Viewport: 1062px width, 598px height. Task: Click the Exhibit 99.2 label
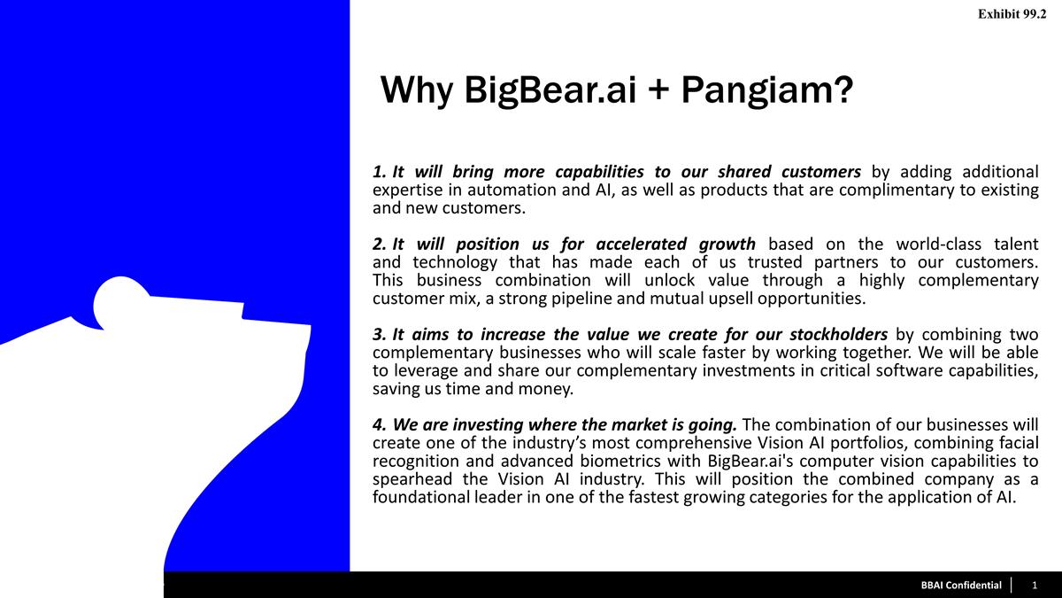pos(1012,14)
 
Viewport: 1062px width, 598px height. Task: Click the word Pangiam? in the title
pos(767,90)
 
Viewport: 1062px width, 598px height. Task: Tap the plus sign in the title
pos(658,90)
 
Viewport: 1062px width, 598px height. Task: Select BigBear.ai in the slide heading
pos(550,90)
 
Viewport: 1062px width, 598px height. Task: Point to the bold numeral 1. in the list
pos(380,172)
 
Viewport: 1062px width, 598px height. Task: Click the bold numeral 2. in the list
pos(380,245)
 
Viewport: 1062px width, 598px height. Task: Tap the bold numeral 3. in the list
pos(380,335)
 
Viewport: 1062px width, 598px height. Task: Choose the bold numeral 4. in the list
pos(380,424)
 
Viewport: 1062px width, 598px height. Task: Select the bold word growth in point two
pos(727,245)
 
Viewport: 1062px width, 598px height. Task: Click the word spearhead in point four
pos(412,479)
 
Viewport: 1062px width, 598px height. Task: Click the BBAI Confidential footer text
pos(961,586)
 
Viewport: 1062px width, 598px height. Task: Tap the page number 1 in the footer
pos(1035,586)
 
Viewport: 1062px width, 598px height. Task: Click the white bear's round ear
pos(119,303)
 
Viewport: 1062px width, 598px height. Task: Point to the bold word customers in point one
pos(821,172)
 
